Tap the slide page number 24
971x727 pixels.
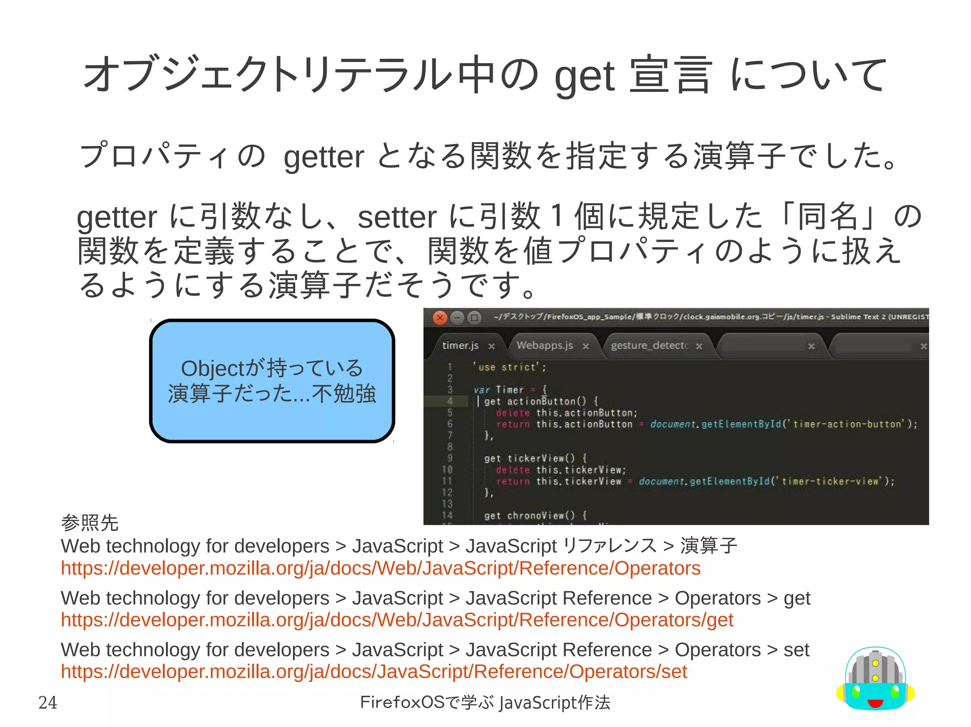47,702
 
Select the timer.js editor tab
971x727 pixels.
460,345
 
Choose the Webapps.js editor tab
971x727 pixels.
545,345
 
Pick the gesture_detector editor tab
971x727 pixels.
649,345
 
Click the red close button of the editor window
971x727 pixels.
440,317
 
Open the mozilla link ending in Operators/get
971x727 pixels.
397,619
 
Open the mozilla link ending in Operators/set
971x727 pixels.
374,671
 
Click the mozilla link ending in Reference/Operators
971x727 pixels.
380,568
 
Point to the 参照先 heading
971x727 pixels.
90,523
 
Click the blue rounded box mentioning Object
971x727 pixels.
272,381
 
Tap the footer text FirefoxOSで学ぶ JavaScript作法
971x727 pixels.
485,702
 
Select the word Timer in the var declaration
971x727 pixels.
510,390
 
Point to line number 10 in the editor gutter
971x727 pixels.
447,470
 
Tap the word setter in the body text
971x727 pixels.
396,217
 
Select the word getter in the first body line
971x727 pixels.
323,157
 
